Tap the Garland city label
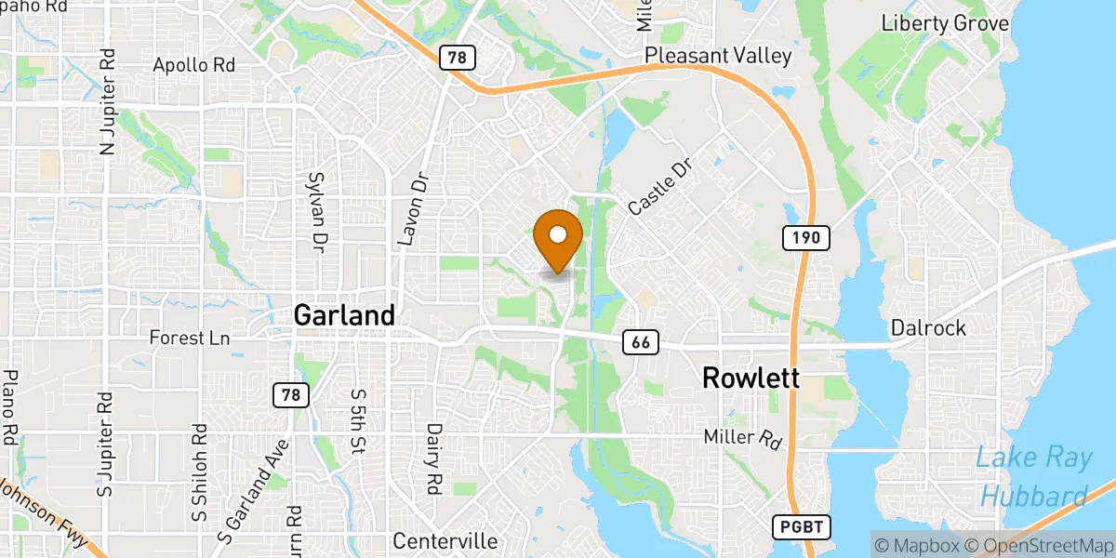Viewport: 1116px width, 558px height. [x=344, y=315]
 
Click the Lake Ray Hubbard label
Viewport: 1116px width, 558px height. [x=1031, y=476]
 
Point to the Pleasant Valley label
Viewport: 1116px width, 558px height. [x=718, y=56]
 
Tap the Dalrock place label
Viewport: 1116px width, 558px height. [x=928, y=327]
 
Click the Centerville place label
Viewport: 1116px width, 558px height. [x=445, y=541]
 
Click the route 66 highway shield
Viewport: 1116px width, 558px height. [x=640, y=342]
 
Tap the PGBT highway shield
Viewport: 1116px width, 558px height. [x=802, y=527]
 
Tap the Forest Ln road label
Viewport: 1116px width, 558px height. [x=190, y=339]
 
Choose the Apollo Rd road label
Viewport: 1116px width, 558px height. [x=194, y=66]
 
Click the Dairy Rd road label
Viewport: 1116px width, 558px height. [x=433, y=458]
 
